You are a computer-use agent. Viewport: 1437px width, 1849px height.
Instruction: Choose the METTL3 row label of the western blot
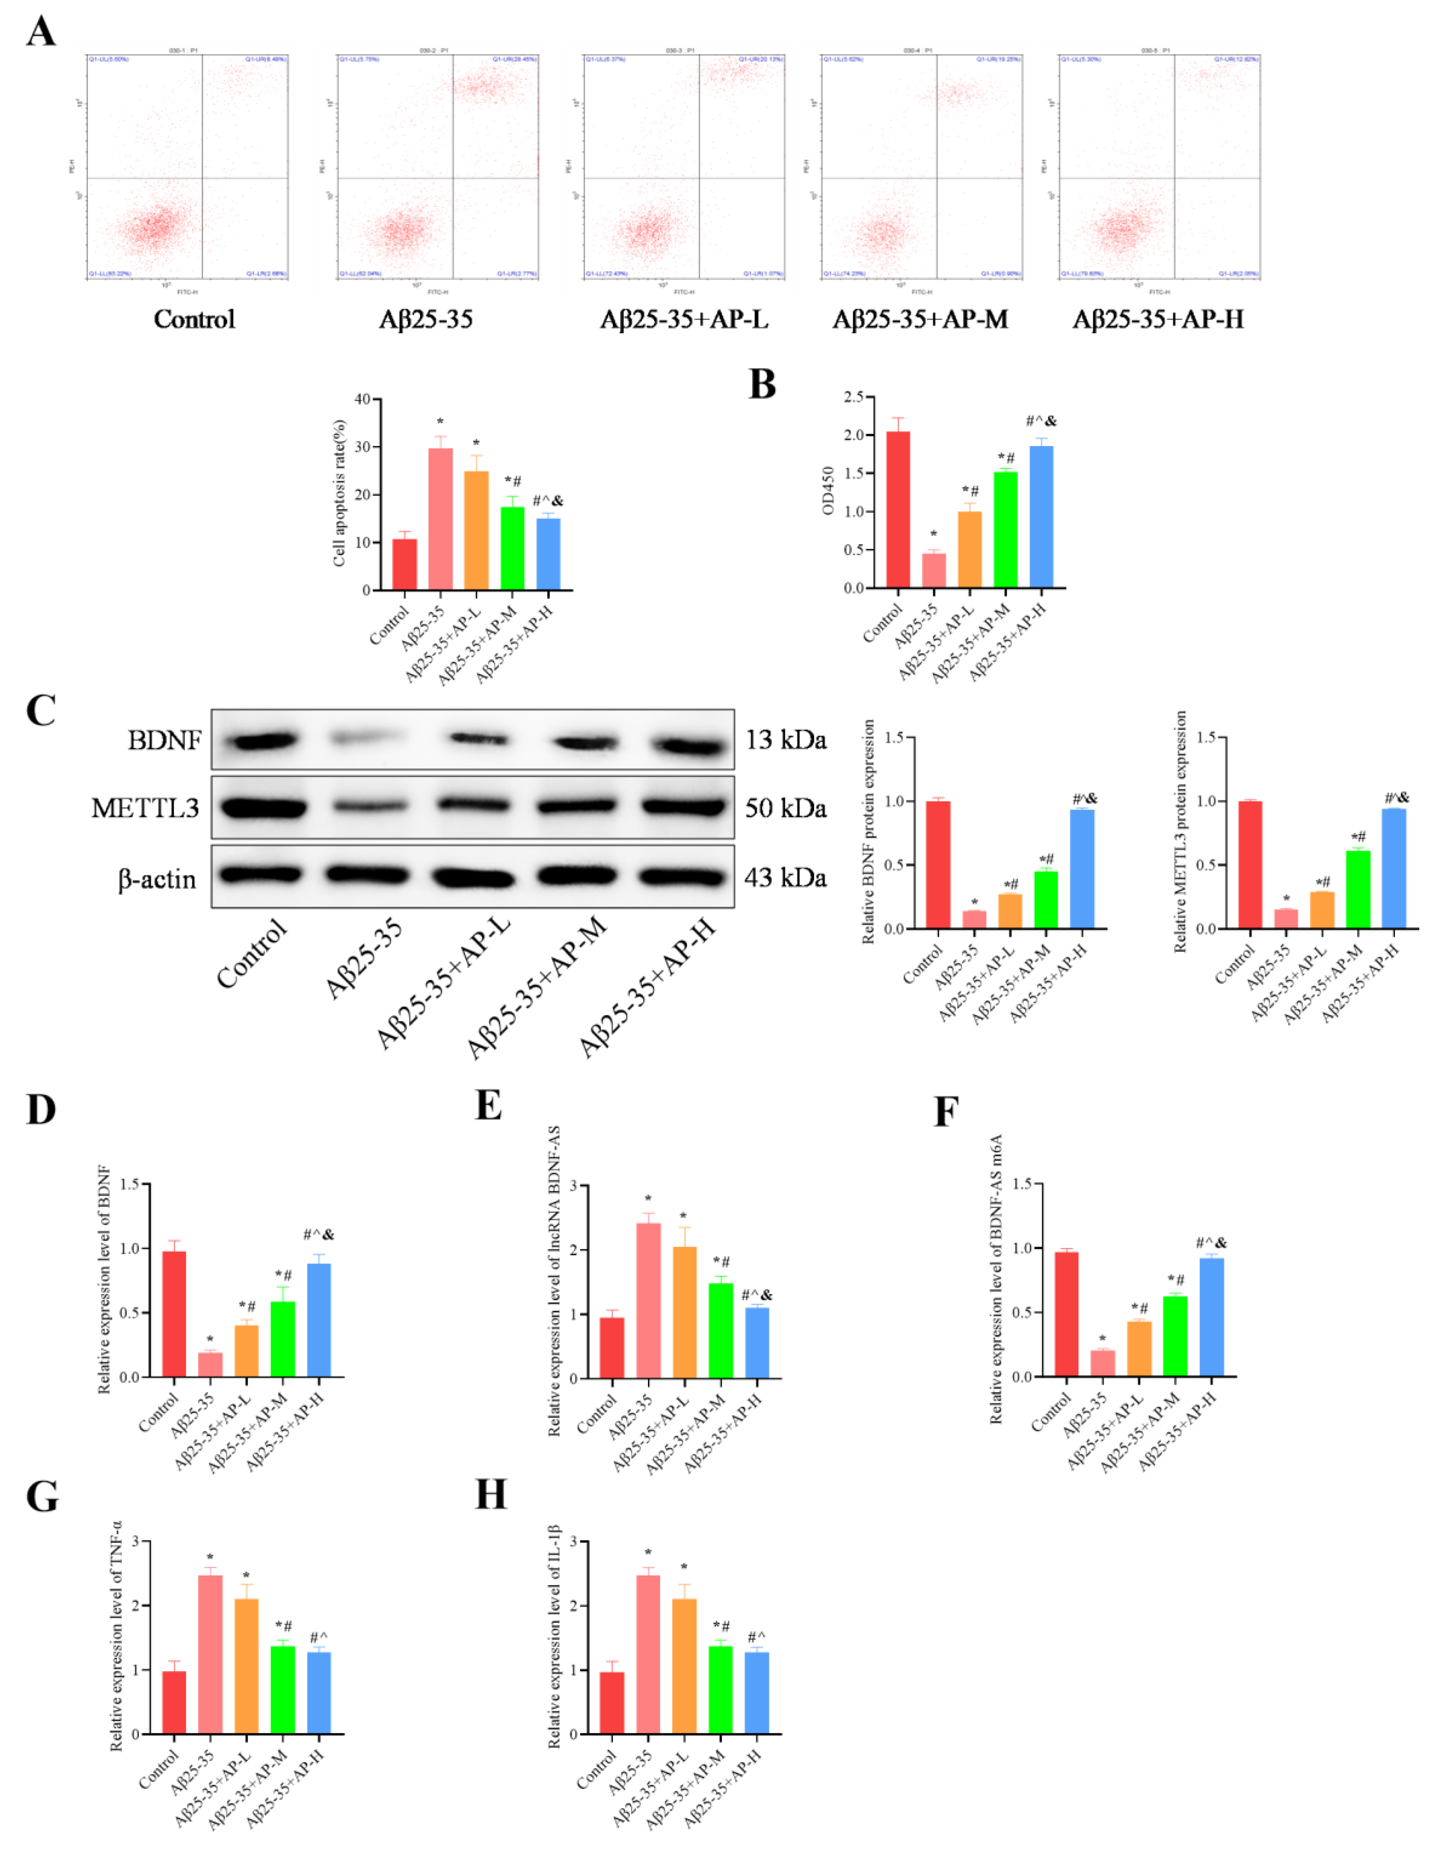[146, 808]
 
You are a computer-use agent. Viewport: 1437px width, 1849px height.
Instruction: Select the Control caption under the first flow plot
[194, 320]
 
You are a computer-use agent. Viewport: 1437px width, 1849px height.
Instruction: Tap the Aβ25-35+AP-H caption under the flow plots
[1157, 320]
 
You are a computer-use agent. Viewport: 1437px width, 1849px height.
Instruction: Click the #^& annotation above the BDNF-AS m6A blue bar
[1211, 1243]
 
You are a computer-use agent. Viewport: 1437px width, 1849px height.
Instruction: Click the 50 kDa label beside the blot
[785, 808]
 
